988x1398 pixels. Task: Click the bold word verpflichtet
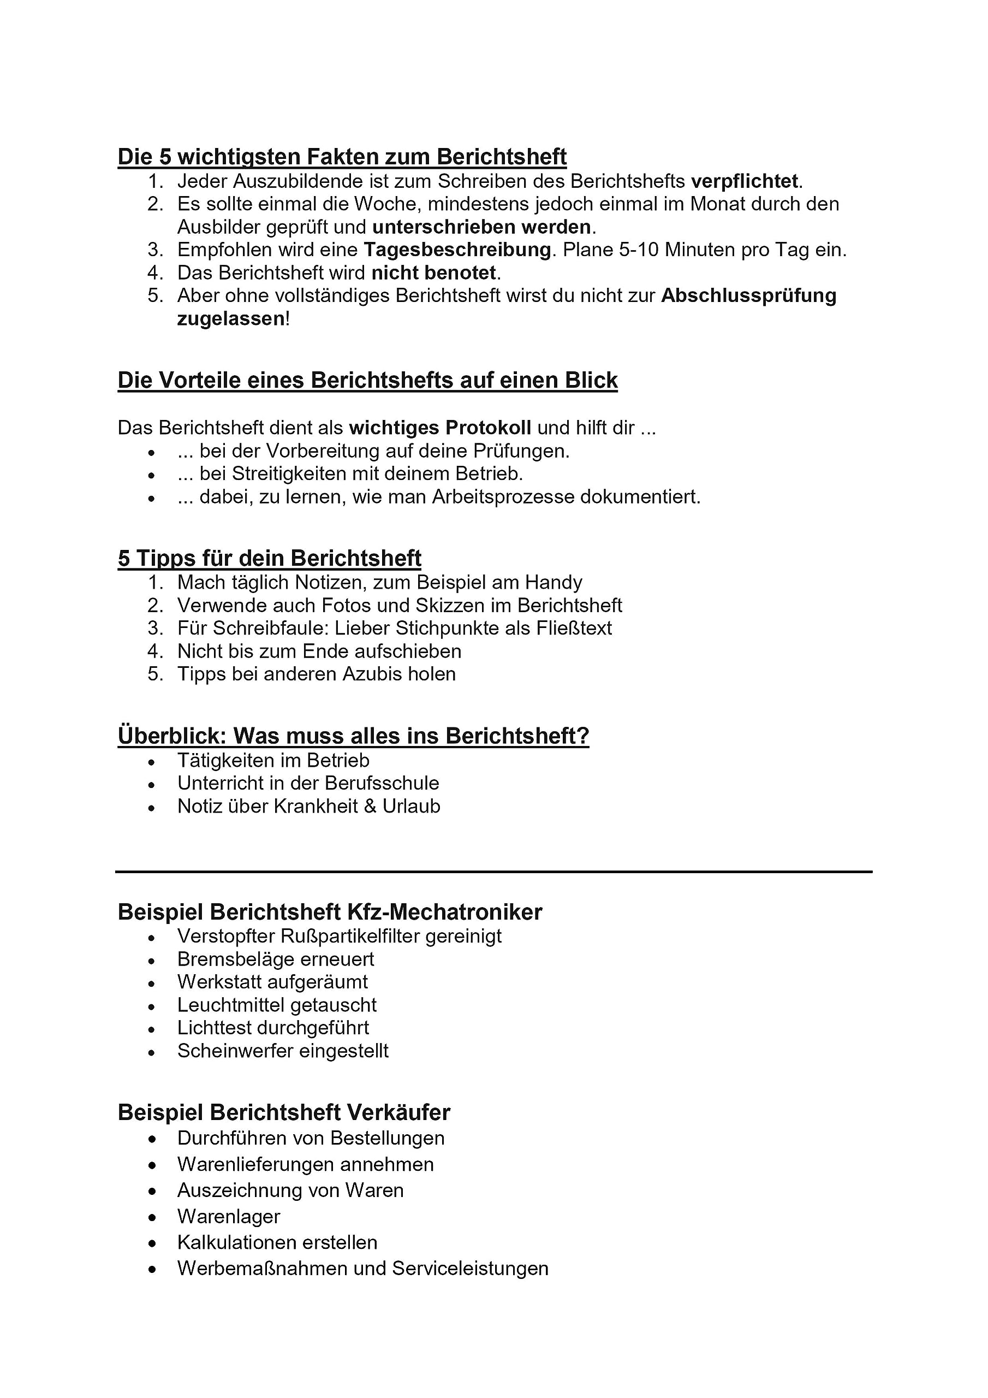(x=744, y=181)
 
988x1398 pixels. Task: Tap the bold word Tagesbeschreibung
(x=457, y=250)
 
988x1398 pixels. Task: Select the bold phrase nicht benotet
(x=434, y=273)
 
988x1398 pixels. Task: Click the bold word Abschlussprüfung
(x=748, y=296)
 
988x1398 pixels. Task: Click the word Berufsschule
(x=382, y=784)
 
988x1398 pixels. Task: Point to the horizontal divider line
(x=493, y=872)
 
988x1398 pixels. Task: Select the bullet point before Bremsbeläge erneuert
(x=152, y=961)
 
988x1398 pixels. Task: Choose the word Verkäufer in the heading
(x=398, y=1112)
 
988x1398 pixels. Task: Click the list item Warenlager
(x=228, y=1217)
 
